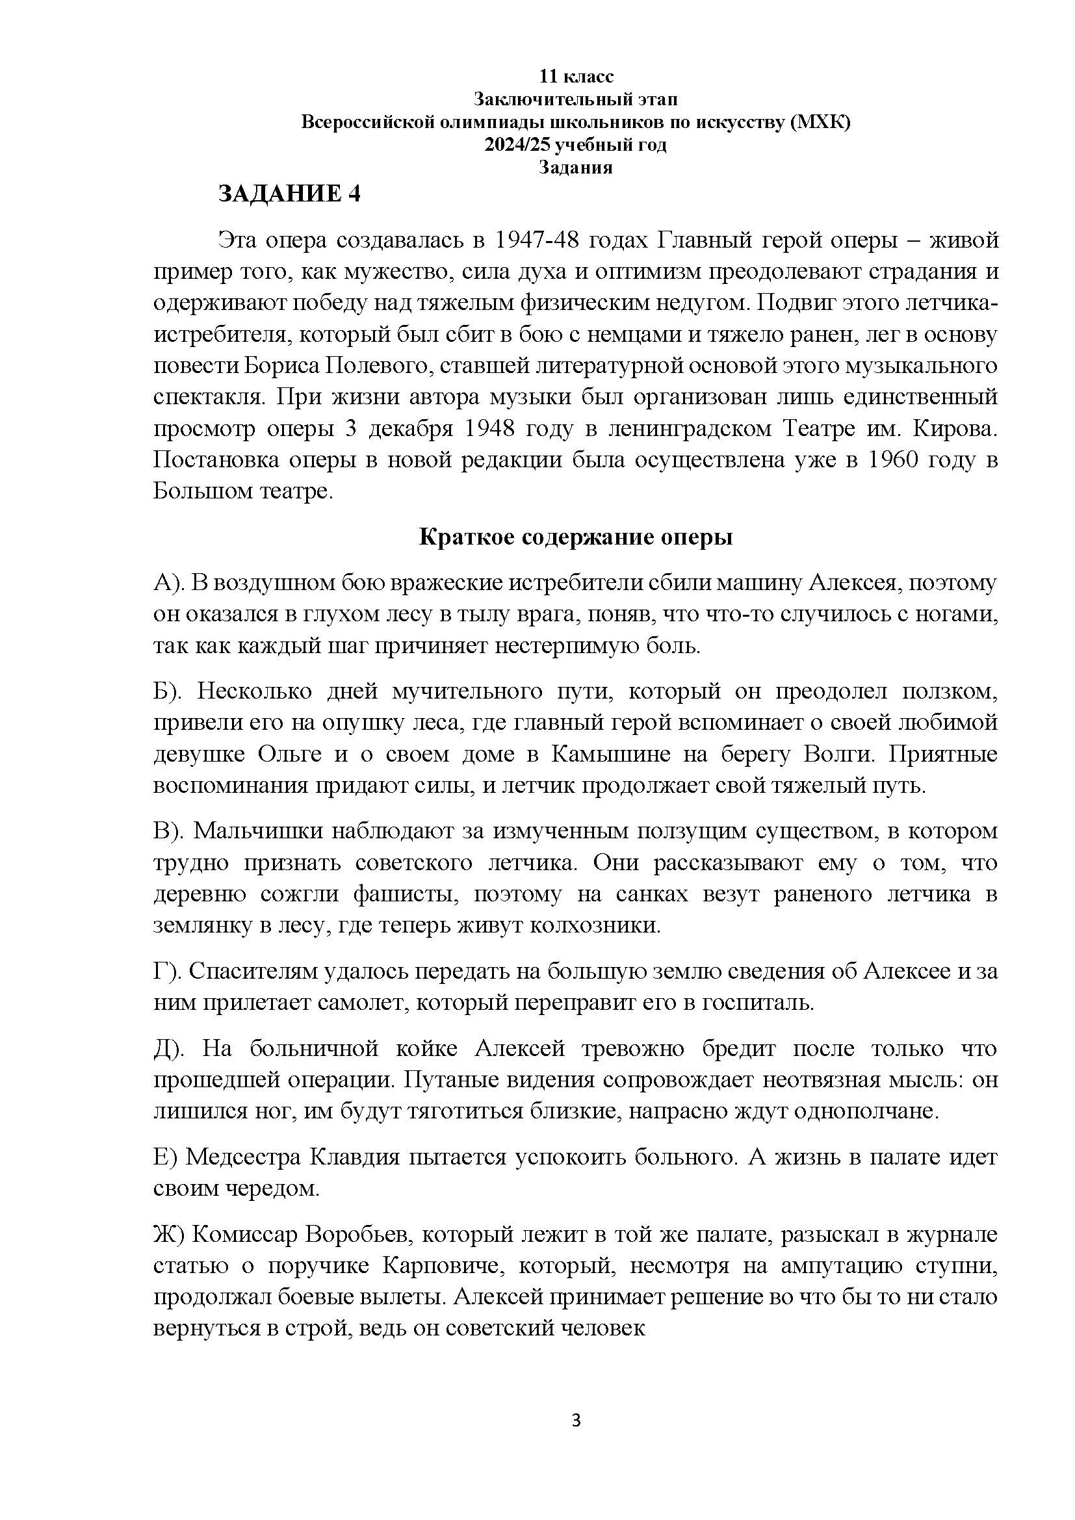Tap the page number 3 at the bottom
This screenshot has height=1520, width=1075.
[576, 1419]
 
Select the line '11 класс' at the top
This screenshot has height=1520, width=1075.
[576, 77]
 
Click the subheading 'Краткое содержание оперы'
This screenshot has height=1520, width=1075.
[576, 537]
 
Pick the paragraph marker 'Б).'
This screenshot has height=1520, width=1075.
[170, 691]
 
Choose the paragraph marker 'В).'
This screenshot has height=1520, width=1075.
[170, 831]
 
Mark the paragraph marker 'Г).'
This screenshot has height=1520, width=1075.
[168, 971]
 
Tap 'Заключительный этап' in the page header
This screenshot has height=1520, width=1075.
[576, 99]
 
